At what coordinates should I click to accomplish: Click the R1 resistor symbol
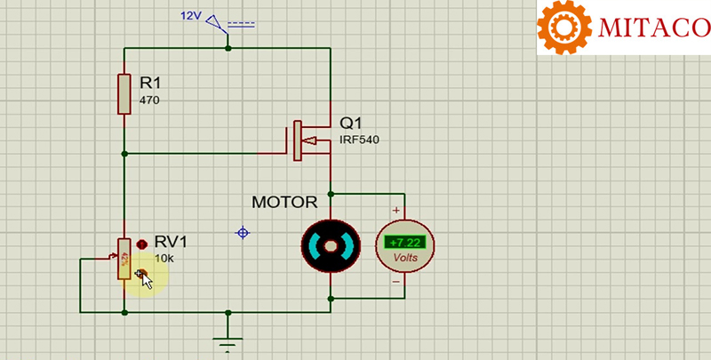coord(124,94)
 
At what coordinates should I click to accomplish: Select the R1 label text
coord(151,83)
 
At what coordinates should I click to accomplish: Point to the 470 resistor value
coord(149,100)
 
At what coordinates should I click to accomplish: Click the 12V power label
coord(193,16)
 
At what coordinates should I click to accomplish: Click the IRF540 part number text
coord(358,140)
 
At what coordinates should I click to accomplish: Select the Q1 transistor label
coord(350,123)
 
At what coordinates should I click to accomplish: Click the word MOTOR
coord(284,202)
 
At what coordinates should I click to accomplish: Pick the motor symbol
coord(331,246)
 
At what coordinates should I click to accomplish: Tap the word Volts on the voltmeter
coord(404,258)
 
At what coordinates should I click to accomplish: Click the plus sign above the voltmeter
coord(395,211)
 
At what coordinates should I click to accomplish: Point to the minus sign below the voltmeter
coord(395,282)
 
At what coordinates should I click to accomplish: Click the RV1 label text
coord(171,242)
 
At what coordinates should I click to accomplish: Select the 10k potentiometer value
coord(164,259)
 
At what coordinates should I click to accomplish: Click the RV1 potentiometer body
coord(124,259)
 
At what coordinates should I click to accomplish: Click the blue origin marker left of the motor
coord(241,233)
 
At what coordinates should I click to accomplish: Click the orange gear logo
coord(565,28)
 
